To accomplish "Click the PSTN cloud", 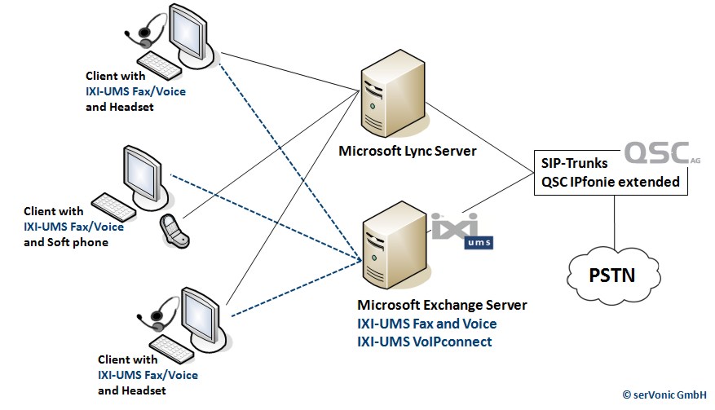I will tap(612, 272).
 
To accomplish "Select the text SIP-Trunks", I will tap(572, 164).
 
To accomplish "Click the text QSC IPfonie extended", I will tap(610, 182).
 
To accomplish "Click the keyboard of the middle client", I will tap(114, 204).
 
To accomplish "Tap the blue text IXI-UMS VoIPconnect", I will tap(424, 342).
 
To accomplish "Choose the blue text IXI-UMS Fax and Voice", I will tap(426, 324).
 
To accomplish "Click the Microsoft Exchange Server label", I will tap(442, 305).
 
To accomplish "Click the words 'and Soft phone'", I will tap(66, 242).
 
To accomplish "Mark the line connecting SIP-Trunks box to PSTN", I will tap(612, 219).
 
